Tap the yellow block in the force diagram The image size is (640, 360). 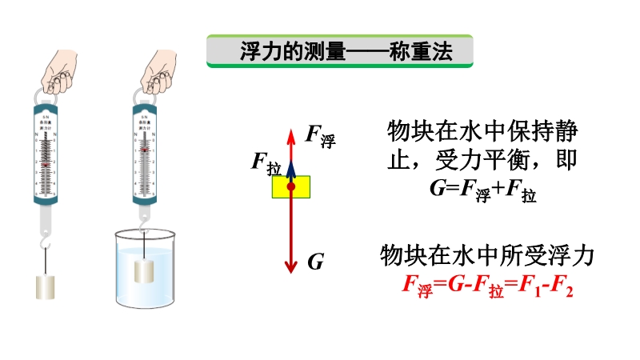(x=291, y=187)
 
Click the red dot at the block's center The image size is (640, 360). (x=291, y=187)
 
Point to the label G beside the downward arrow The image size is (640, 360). (x=315, y=261)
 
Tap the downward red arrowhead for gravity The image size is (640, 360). (x=291, y=265)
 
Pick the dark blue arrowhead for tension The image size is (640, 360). (x=291, y=166)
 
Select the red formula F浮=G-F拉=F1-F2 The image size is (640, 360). (x=487, y=286)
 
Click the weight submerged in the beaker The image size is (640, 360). (x=144, y=270)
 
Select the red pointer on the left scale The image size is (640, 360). (x=46, y=165)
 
